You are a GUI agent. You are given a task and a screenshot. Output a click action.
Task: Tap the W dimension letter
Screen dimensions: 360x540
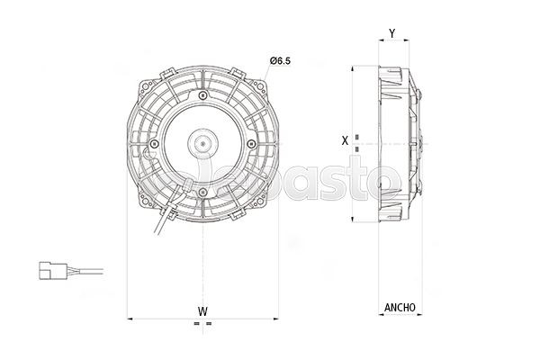pos(202,311)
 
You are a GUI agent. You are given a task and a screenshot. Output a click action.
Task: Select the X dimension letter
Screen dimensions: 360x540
pos(346,140)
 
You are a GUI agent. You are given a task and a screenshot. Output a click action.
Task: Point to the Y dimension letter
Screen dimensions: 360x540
pos(391,34)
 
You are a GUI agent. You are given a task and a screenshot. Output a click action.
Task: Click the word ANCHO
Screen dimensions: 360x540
pos(400,307)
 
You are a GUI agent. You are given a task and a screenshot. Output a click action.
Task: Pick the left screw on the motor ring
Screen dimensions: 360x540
pos(156,143)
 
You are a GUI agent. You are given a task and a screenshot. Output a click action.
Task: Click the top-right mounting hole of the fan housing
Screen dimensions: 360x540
pos(260,83)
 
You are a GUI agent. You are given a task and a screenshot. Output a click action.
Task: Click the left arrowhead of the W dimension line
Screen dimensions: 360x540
pos(132,318)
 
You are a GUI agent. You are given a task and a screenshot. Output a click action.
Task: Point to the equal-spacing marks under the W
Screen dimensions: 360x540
pos(202,324)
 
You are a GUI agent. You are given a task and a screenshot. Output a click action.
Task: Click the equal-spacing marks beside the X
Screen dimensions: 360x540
pos(357,140)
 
